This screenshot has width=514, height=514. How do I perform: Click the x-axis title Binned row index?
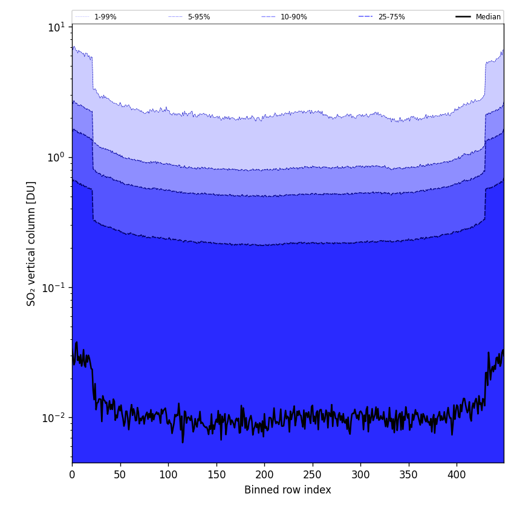tap(288, 490)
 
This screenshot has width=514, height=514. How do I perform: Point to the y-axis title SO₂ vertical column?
tap(31, 243)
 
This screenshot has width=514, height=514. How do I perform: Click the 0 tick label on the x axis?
tap(72, 475)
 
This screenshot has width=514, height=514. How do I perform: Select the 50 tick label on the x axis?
tap(120, 475)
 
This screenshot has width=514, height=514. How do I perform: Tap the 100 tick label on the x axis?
tap(168, 475)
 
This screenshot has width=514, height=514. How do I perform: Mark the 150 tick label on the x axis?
tap(216, 475)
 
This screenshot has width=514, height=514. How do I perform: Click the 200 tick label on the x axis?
tap(264, 475)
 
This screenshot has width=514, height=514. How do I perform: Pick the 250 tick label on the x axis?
tap(313, 475)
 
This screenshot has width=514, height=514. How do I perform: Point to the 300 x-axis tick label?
tap(360, 475)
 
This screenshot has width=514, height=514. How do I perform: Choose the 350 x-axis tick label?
tap(409, 475)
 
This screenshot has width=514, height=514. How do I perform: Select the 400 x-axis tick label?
tap(457, 475)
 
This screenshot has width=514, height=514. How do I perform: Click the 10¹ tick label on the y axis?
tap(56, 27)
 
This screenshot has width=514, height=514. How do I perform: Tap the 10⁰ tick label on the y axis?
tap(56, 157)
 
